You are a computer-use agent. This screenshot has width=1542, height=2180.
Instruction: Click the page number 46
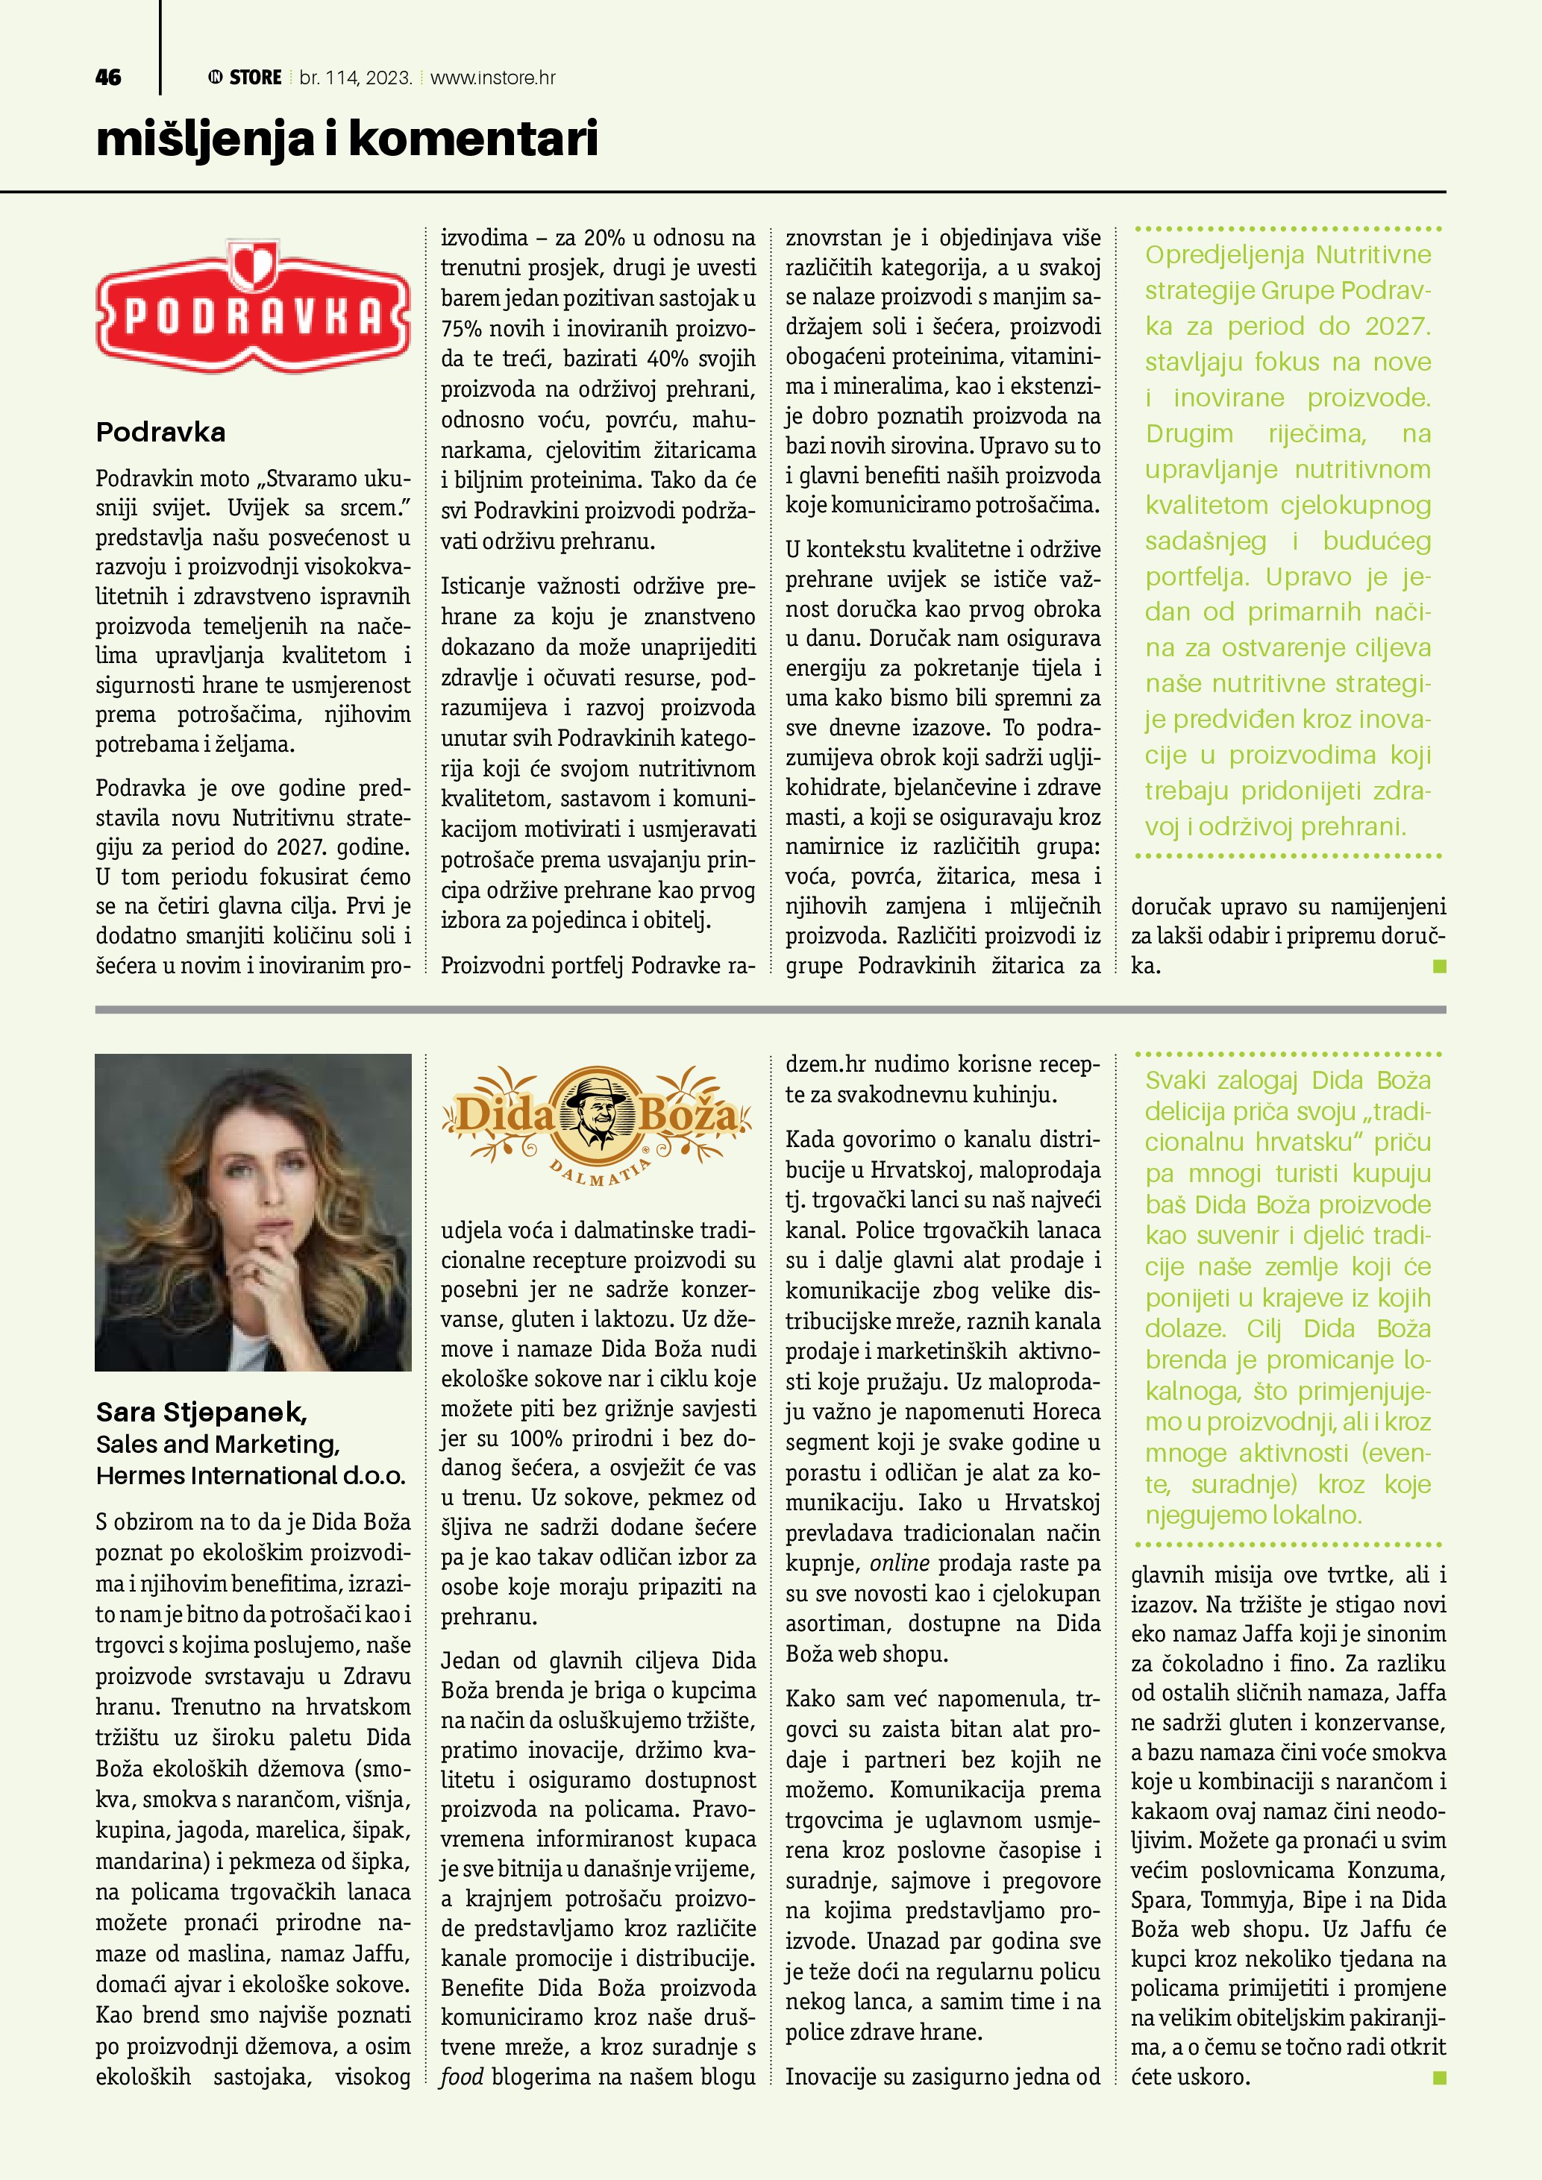tap(108, 78)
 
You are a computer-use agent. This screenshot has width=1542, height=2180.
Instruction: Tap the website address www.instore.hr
tap(493, 78)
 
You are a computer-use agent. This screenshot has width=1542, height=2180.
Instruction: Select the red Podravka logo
tap(254, 309)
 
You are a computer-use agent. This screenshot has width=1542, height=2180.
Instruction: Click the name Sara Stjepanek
tap(201, 1412)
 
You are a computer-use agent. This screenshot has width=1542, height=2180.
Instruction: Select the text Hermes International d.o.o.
tap(251, 1475)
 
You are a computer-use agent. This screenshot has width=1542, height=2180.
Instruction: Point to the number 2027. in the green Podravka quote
tap(1397, 327)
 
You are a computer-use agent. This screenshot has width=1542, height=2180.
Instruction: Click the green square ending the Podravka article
tap(1440, 967)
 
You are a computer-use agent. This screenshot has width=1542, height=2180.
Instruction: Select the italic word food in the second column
tap(462, 2076)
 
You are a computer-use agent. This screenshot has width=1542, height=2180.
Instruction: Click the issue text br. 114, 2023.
tap(355, 78)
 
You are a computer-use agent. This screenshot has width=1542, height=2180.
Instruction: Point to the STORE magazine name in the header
tap(254, 78)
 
